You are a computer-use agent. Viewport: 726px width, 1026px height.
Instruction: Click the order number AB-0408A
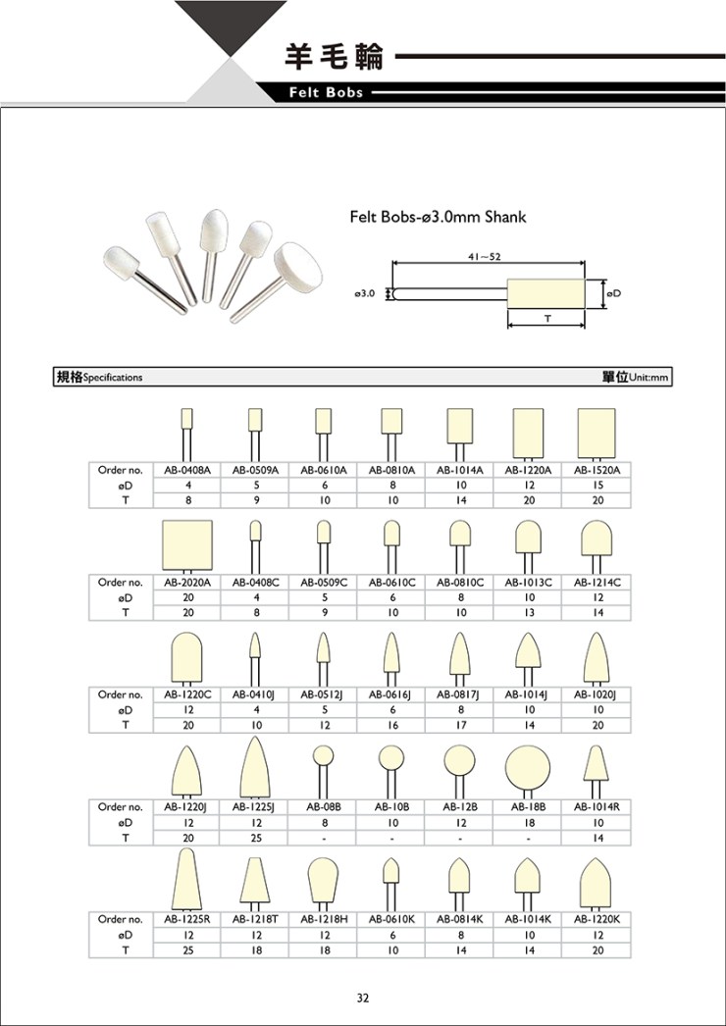[186, 470]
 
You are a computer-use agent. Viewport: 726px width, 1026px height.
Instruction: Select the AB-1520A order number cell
[596, 470]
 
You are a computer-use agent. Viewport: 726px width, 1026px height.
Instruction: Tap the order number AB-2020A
[186, 582]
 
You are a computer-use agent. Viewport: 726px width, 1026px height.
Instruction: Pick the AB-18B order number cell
[528, 807]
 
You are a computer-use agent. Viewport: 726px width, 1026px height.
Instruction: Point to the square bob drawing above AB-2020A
[187, 545]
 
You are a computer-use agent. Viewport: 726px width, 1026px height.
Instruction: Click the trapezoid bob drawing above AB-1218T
[255, 880]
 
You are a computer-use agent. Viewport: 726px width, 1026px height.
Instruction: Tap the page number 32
[363, 998]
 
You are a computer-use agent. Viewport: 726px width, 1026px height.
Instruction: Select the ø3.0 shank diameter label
[365, 294]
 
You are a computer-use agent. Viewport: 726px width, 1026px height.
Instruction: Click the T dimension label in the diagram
[546, 318]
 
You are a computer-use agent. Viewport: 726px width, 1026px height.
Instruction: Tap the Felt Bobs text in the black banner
[326, 93]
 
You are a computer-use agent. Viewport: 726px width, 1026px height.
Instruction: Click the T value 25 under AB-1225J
[255, 838]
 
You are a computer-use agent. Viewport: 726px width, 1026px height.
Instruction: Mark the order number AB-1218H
[323, 919]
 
